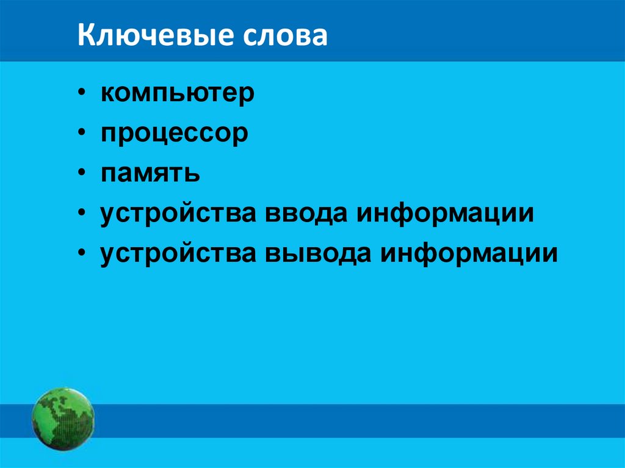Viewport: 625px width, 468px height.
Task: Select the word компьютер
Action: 178,95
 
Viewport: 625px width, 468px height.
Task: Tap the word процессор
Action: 175,134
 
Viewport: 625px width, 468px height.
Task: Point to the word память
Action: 151,174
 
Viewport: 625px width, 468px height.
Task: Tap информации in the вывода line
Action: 469,253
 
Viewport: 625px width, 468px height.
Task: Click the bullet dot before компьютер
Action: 82,96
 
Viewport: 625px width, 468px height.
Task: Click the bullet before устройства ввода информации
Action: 82,215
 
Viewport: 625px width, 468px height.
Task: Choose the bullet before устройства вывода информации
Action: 82,254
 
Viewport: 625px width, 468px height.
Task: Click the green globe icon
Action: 63,419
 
